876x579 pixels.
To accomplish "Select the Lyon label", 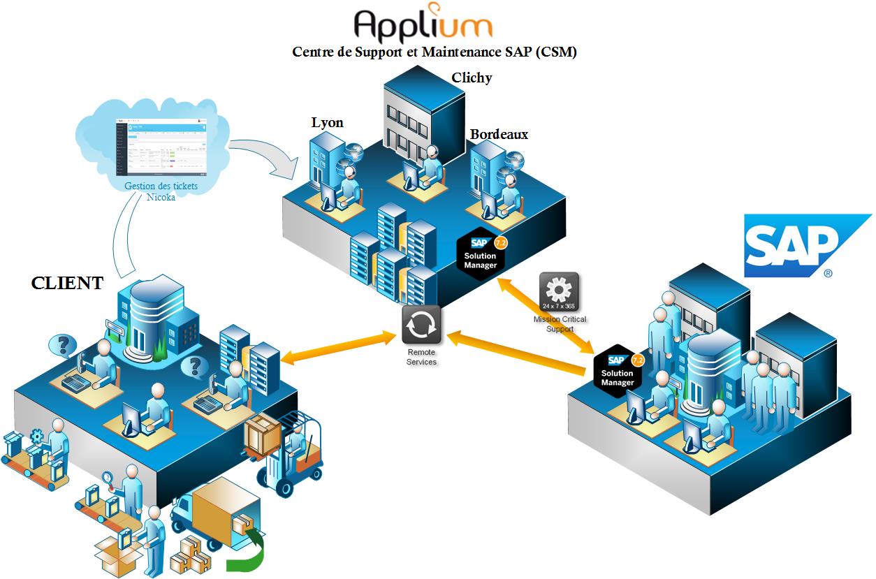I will (x=327, y=123).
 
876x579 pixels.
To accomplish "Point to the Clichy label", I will (x=472, y=78).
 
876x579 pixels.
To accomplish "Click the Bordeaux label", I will (x=499, y=134).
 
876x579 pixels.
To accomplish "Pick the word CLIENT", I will (x=67, y=283).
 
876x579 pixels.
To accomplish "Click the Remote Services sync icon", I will (x=421, y=324).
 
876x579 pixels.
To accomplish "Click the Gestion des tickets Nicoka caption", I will (x=161, y=191).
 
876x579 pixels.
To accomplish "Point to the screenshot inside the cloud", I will (x=161, y=147).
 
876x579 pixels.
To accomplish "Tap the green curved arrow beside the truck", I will (x=249, y=552).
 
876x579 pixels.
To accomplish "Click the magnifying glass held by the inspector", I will (x=110, y=478).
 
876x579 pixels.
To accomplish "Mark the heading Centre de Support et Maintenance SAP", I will (x=434, y=52).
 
